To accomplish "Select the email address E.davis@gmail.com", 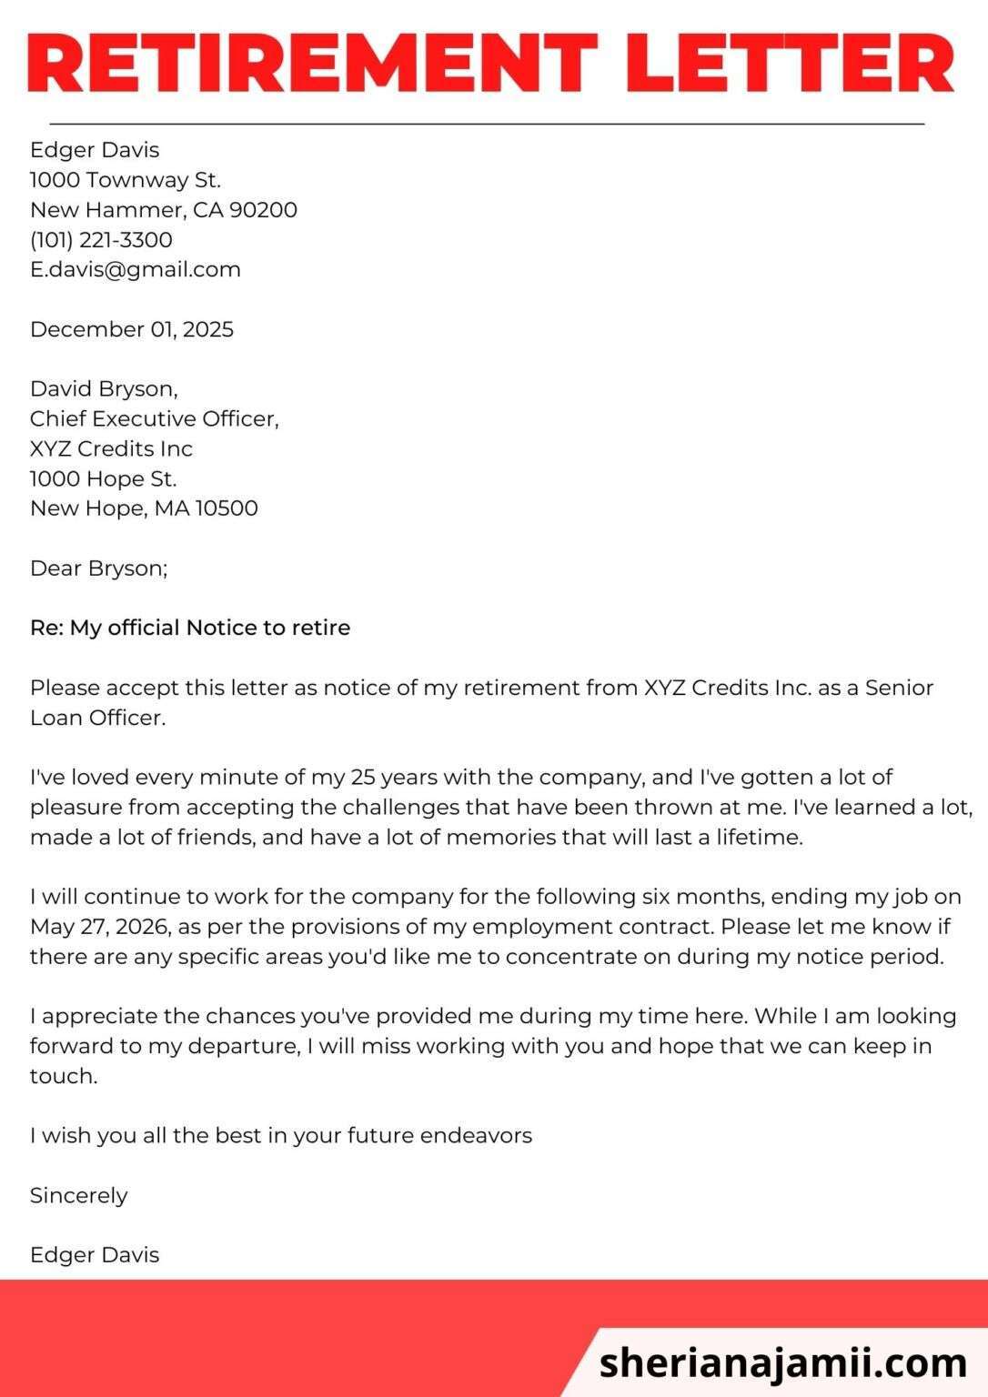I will (x=136, y=269).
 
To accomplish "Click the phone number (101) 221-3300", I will (x=101, y=239).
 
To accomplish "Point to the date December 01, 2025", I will (x=132, y=329).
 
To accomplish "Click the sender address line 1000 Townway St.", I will (x=126, y=179).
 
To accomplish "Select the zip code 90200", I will (x=263, y=209).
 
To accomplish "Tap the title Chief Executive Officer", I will (x=154, y=418).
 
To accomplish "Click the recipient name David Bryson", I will (x=103, y=389).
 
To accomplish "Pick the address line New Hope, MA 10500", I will (x=144, y=508).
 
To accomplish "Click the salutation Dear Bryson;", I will (x=98, y=568).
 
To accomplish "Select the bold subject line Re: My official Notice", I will (x=190, y=628).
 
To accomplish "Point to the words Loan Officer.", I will (x=97, y=718).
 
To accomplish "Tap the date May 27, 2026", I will (x=99, y=927).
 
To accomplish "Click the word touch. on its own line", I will (x=63, y=1076).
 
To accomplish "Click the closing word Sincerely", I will (x=78, y=1195).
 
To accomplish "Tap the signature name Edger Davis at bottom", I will (x=95, y=1255).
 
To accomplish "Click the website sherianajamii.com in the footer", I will (x=783, y=1362).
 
